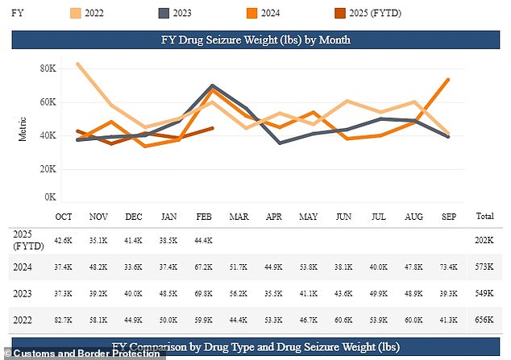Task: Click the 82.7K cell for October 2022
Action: [64, 321]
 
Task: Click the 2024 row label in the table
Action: [23, 266]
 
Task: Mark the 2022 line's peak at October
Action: [77, 64]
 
